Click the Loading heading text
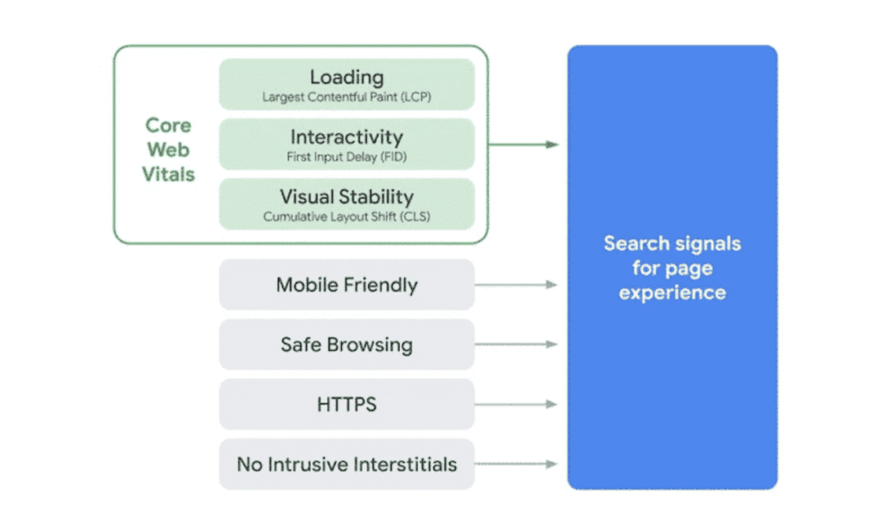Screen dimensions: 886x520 click(x=346, y=77)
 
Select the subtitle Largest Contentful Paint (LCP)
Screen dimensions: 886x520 click(x=346, y=97)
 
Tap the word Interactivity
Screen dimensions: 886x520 click(x=346, y=137)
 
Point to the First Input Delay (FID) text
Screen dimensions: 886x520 click(x=346, y=157)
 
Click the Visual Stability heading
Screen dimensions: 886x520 click(x=346, y=196)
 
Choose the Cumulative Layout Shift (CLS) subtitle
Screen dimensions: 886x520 click(x=346, y=216)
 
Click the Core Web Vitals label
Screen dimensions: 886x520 click(x=169, y=150)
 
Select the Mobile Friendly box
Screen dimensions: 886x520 click(x=346, y=285)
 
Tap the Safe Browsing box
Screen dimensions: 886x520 click(x=346, y=344)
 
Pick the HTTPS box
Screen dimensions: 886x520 click(x=346, y=404)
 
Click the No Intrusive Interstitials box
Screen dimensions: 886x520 click(x=346, y=464)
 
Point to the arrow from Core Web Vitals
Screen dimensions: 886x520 click(x=523, y=144)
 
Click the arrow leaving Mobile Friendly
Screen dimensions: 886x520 click(x=517, y=285)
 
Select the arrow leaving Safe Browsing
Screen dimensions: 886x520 click(x=517, y=344)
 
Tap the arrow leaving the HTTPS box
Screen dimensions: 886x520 click(x=517, y=404)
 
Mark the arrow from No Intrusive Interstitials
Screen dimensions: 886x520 click(x=517, y=464)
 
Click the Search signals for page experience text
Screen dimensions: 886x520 click(x=672, y=268)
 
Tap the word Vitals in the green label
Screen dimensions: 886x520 click(x=169, y=174)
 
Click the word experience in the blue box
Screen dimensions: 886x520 click(x=672, y=292)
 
